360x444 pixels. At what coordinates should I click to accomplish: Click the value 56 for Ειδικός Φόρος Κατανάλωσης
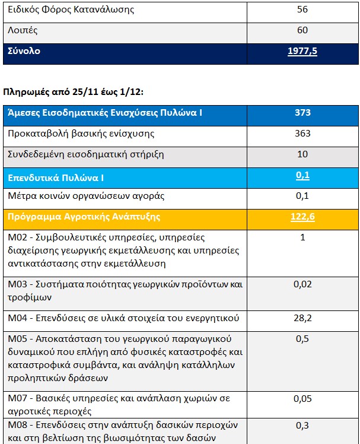coord(302,9)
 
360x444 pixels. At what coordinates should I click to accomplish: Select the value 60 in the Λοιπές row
coord(302,30)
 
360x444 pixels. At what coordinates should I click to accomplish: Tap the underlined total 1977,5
coord(302,52)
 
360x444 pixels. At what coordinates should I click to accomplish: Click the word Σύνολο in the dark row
coord(24,52)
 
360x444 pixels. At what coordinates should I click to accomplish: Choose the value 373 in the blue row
coord(302,112)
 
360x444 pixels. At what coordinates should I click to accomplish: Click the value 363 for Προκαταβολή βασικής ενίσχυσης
coord(302,134)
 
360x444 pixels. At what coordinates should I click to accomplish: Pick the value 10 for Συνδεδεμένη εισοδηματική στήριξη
coord(302,154)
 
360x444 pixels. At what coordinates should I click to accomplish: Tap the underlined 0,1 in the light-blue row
coord(302,175)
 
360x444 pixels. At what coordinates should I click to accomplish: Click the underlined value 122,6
coord(302,217)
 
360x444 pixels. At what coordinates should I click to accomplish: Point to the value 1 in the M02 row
coord(302,237)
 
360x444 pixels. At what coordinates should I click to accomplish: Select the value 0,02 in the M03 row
coord(302,284)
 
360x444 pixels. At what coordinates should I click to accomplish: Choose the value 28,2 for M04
coord(302,319)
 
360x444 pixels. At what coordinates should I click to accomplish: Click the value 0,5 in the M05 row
coord(302,340)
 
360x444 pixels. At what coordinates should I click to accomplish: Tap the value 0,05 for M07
coord(302,398)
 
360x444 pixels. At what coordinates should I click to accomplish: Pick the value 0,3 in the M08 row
coord(302,425)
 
